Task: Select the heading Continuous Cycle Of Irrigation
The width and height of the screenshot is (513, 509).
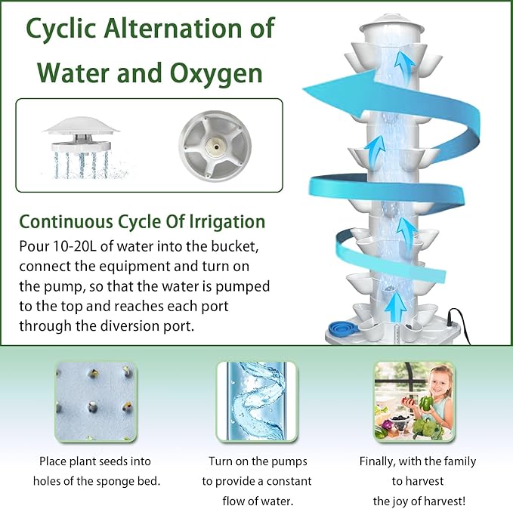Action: point(142,221)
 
